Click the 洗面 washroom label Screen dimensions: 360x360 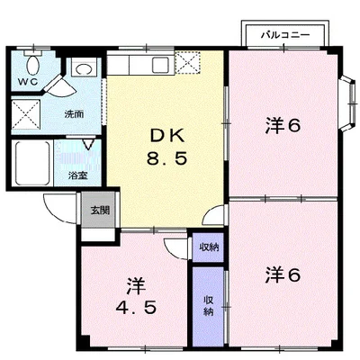(x=74, y=114)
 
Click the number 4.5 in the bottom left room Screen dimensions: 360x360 (x=136, y=307)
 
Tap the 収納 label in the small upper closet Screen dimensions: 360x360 (x=208, y=247)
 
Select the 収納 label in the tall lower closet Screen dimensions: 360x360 (x=208, y=305)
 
